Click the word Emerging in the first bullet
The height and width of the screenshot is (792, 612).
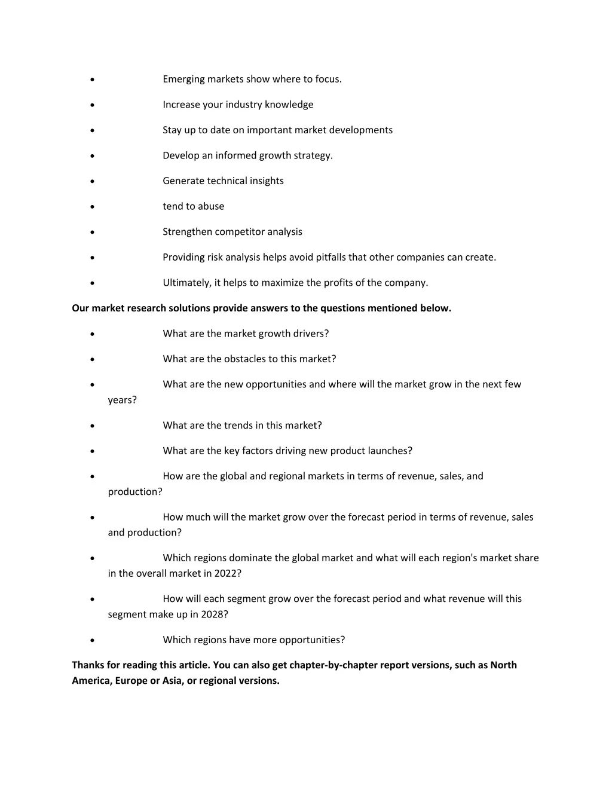point(183,79)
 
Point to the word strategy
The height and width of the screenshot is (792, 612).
point(313,156)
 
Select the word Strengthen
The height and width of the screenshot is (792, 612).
point(187,232)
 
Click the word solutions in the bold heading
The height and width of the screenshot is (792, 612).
point(190,308)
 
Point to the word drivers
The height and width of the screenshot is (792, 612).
point(311,334)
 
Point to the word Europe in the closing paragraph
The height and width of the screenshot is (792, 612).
point(131,681)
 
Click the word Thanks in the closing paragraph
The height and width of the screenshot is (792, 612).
point(88,665)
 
